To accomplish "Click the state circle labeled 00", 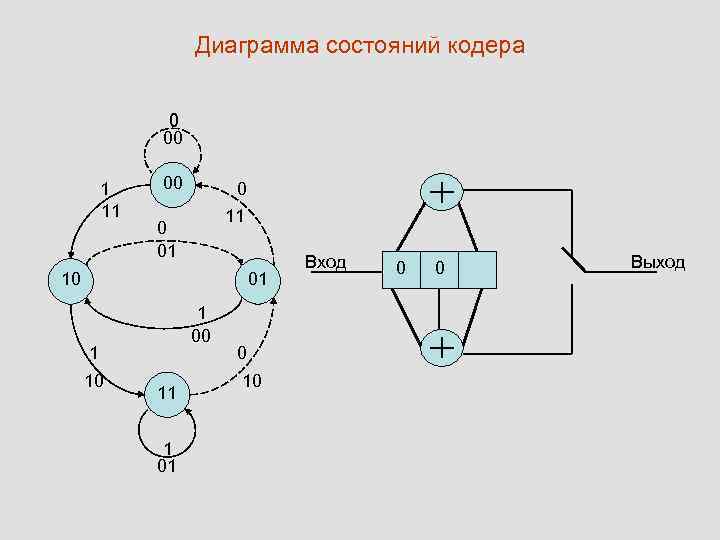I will coord(173,184).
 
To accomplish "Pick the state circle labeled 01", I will coord(257,278).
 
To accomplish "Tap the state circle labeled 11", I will coord(167,394).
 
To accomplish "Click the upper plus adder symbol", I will coord(441,193).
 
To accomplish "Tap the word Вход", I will coord(325,263).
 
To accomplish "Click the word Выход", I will coord(657,263).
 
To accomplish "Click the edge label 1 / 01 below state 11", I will coord(168,456).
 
